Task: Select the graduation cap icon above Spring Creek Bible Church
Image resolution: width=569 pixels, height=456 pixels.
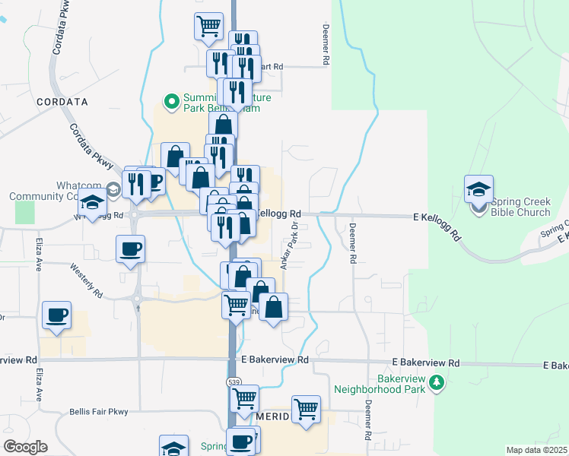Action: pos(478,188)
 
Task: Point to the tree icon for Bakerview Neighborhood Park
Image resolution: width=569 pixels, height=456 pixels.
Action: pos(436,382)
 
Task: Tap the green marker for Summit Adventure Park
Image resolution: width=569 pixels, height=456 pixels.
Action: pos(172,100)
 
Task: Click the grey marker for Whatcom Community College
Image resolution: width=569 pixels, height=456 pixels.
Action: pos(113,189)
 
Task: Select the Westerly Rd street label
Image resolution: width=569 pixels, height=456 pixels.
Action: pos(86,279)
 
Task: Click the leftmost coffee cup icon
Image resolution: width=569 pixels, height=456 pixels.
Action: pos(57,315)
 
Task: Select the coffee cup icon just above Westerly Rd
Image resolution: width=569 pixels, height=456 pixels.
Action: pos(130,249)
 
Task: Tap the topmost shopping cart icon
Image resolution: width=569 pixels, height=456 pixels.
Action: pos(208,26)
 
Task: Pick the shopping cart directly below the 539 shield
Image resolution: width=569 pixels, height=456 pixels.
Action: pos(244,398)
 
